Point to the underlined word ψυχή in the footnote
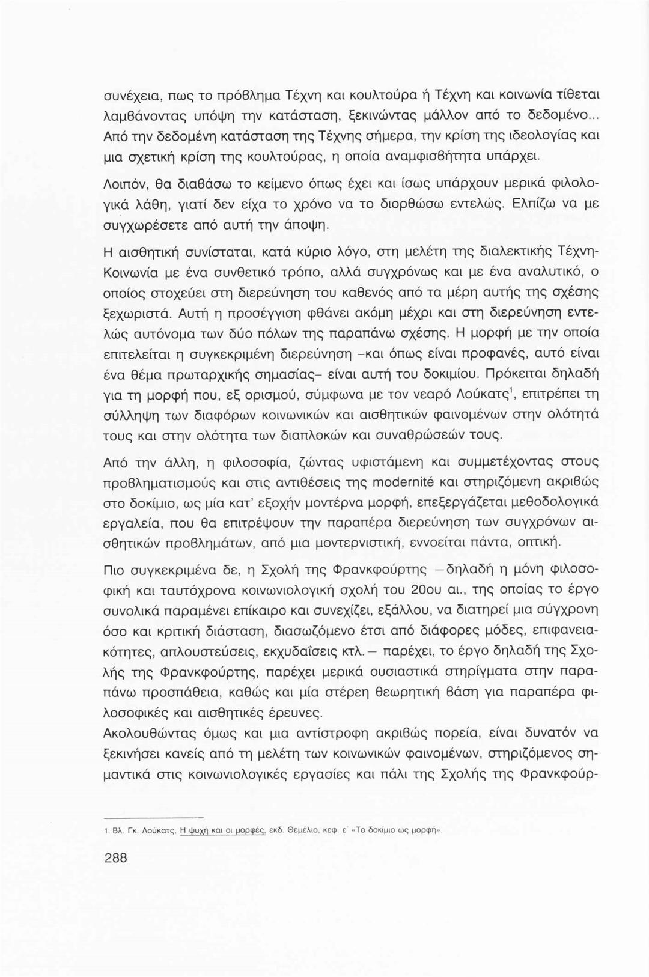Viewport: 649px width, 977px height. coord(192,827)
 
